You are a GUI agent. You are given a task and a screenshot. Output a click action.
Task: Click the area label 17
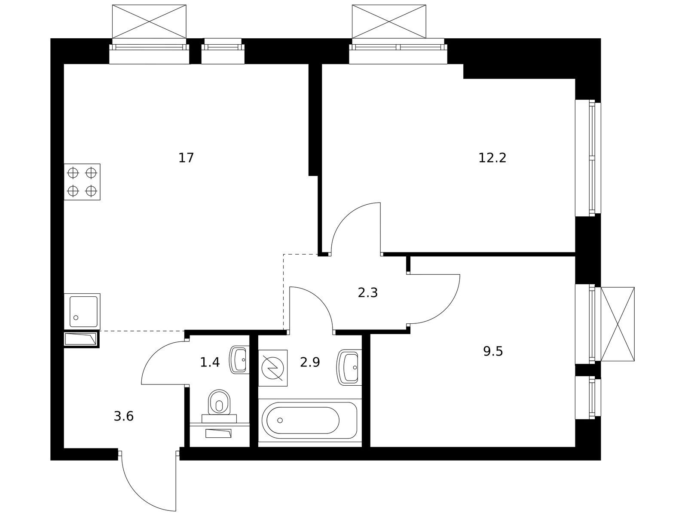point(186,158)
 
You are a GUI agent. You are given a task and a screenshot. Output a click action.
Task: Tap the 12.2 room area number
point(492,158)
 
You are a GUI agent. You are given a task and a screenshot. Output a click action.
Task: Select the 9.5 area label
point(493,351)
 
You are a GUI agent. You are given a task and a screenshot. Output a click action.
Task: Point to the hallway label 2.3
point(367,293)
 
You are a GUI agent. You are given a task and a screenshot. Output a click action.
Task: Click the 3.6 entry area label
point(124,416)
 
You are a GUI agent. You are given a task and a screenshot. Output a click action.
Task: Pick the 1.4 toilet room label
point(210,362)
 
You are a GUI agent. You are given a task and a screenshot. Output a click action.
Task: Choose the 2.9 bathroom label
point(310,362)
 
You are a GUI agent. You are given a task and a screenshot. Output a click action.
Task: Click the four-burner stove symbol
point(82,182)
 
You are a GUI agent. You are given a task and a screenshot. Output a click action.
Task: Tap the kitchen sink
point(82,312)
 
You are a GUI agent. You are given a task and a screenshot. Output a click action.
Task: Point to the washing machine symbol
point(273,368)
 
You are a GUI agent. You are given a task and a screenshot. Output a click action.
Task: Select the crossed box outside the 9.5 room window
point(617,324)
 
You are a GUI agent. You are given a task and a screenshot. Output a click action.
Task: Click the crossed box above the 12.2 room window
point(389,21)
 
